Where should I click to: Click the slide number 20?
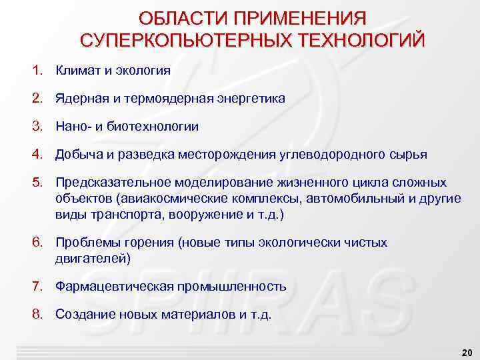[466, 351]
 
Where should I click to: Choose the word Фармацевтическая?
[115, 287]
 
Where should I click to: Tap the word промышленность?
[232, 287]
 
